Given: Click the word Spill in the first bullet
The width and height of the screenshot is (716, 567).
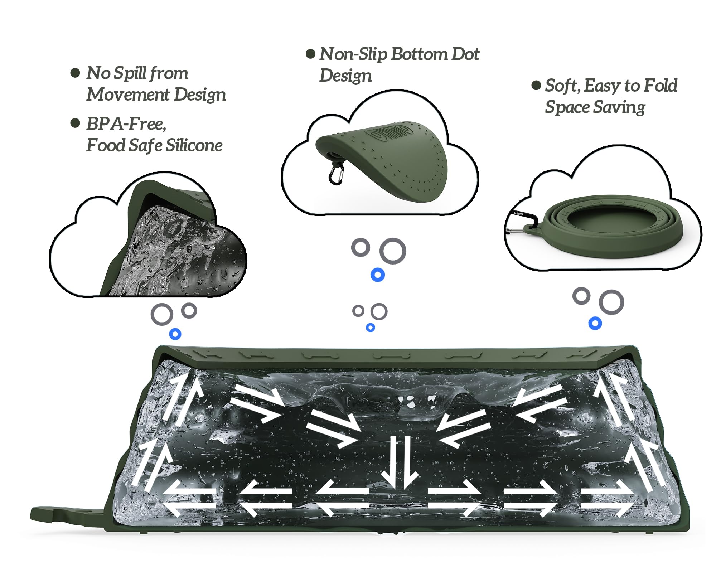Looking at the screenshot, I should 129,73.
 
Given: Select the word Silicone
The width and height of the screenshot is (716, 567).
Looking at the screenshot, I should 194,145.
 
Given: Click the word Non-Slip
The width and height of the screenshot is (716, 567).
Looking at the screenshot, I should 353,54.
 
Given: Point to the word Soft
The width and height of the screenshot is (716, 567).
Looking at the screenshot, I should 561,86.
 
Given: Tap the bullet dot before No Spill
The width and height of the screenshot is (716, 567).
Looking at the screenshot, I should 75,73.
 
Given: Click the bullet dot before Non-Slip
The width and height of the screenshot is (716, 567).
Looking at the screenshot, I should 310,54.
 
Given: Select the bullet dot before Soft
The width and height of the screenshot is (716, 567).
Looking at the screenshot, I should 536,85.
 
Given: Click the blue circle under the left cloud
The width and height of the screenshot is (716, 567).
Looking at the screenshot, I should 175,334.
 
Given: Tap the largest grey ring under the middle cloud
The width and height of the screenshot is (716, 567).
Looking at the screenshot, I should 393,251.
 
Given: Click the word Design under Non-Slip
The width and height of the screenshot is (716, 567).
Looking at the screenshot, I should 345,76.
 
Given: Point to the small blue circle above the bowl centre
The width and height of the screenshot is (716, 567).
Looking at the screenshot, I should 371,327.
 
